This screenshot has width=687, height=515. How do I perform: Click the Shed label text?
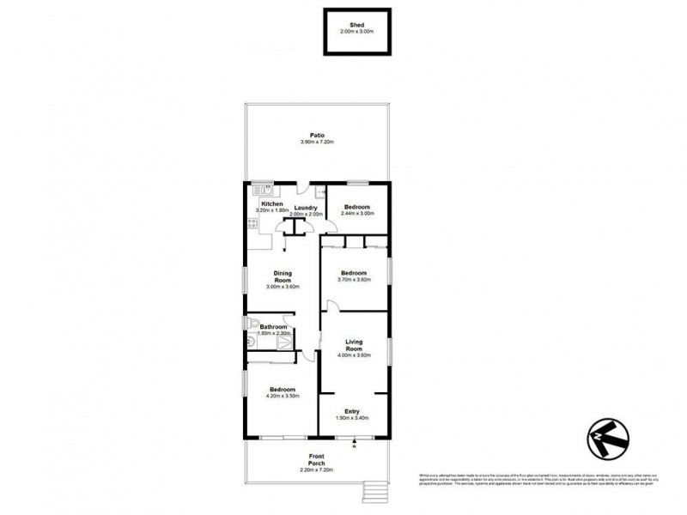click(356, 25)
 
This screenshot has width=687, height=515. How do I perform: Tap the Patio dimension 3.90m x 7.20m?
click(316, 142)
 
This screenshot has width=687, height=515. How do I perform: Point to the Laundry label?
click(307, 208)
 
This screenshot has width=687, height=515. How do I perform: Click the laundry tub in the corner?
click(320, 192)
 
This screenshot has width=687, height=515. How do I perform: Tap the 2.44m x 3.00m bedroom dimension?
click(356, 214)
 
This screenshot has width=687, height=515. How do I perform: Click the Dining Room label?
click(283, 277)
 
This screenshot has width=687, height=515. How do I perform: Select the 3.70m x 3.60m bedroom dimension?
click(354, 280)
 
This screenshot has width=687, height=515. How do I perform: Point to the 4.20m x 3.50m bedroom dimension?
click(282, 396)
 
